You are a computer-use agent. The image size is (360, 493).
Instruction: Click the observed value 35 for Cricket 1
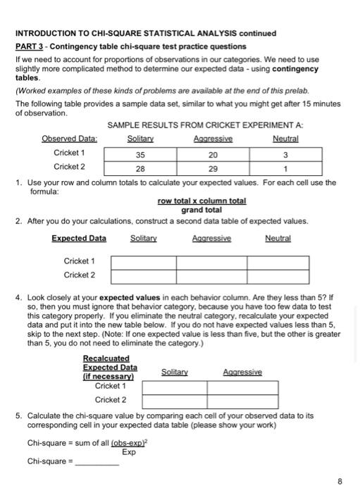[139, 155]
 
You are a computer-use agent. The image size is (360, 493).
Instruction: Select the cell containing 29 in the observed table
[213, 169]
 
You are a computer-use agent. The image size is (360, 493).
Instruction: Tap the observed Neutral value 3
[286, 155]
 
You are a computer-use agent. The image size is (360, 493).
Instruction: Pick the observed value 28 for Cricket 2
[139, 169]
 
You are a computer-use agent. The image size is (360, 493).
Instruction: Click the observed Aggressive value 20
[213, 155]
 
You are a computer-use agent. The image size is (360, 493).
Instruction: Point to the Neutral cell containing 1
[286, 169]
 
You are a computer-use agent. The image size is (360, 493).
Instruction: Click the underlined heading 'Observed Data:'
[69, 139]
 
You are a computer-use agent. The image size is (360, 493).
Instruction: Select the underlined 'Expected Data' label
[79, 238]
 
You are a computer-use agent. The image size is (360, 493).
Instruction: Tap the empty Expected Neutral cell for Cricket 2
[278, 275]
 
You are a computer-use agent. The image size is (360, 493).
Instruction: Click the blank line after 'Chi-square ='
[97, 463]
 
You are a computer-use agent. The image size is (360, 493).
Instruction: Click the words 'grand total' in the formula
[201, 210]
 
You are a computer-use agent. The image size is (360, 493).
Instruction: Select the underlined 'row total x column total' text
[201, 201]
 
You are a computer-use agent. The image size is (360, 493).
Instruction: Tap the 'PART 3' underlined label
[32, 46]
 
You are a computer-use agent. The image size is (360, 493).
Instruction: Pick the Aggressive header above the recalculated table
[242, 372]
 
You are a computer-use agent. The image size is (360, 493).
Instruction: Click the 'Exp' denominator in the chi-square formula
[129, 451]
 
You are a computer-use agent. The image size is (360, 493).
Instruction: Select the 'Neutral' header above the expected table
[278, 238]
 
